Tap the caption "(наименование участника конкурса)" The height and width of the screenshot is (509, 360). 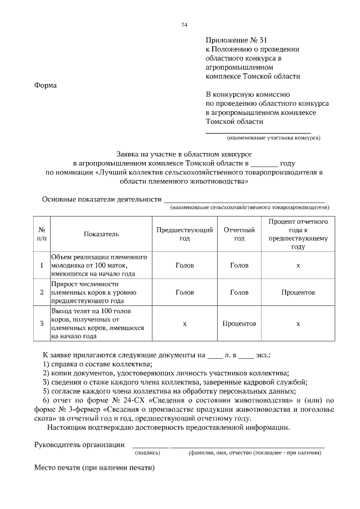click(x=273, y=137)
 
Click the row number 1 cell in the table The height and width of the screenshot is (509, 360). click(x=42, y=265)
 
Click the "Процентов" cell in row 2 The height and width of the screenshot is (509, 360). click(x=298, y=292)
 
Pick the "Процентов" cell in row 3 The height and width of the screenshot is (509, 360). click(x=239, y=323)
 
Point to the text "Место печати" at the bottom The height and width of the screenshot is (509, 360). click(x=57, y=467)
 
